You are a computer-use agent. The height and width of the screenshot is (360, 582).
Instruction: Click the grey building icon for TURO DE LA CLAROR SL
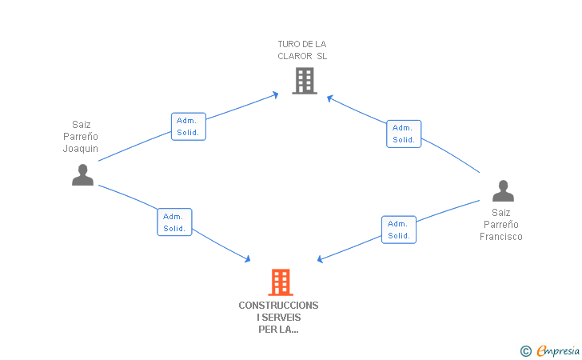(x=304, y=81)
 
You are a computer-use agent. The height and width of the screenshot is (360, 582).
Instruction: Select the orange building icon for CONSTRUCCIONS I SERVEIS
(x=280, y=282)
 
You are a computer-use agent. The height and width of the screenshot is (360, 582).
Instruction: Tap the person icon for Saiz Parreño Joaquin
(x=82, y=174)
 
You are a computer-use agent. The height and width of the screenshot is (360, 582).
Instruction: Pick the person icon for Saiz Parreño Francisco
(x=503, y=191)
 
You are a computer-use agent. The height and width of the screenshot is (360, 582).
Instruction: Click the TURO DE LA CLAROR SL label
(x=302, y=50)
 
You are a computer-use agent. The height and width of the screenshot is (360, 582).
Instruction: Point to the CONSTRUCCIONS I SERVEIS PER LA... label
(x=278, y=317)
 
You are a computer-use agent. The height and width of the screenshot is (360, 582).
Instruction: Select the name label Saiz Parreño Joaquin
(x=81, y=136)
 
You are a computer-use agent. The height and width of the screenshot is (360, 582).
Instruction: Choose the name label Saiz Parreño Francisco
(x=501, y=224)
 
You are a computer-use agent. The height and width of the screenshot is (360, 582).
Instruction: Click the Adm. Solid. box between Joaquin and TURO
(x=189, y=126)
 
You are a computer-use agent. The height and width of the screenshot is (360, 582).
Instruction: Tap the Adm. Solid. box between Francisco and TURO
(x=404, y=134)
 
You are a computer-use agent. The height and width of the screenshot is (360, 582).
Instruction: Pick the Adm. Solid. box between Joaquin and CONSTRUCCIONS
(x=174, y=222)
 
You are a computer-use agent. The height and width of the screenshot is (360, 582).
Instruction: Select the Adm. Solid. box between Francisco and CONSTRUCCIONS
(x=399, y=230)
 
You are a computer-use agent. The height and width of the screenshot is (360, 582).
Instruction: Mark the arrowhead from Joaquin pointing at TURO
(x=276, y=94)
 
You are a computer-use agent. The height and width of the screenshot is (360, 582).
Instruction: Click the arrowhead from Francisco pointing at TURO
(x=329, y=98)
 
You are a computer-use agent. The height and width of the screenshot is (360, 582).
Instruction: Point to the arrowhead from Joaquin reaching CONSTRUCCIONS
(x=248, y=259)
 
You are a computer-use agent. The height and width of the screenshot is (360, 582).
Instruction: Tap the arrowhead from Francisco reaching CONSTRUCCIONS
(x=320, y=259)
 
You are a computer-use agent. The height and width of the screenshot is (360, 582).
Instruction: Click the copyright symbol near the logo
(x=525, y=350)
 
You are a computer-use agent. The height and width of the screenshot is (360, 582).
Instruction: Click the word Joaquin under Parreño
(x=81, y=148)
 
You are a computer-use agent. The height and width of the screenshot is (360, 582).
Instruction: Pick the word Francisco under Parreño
(x=501, y=236)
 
